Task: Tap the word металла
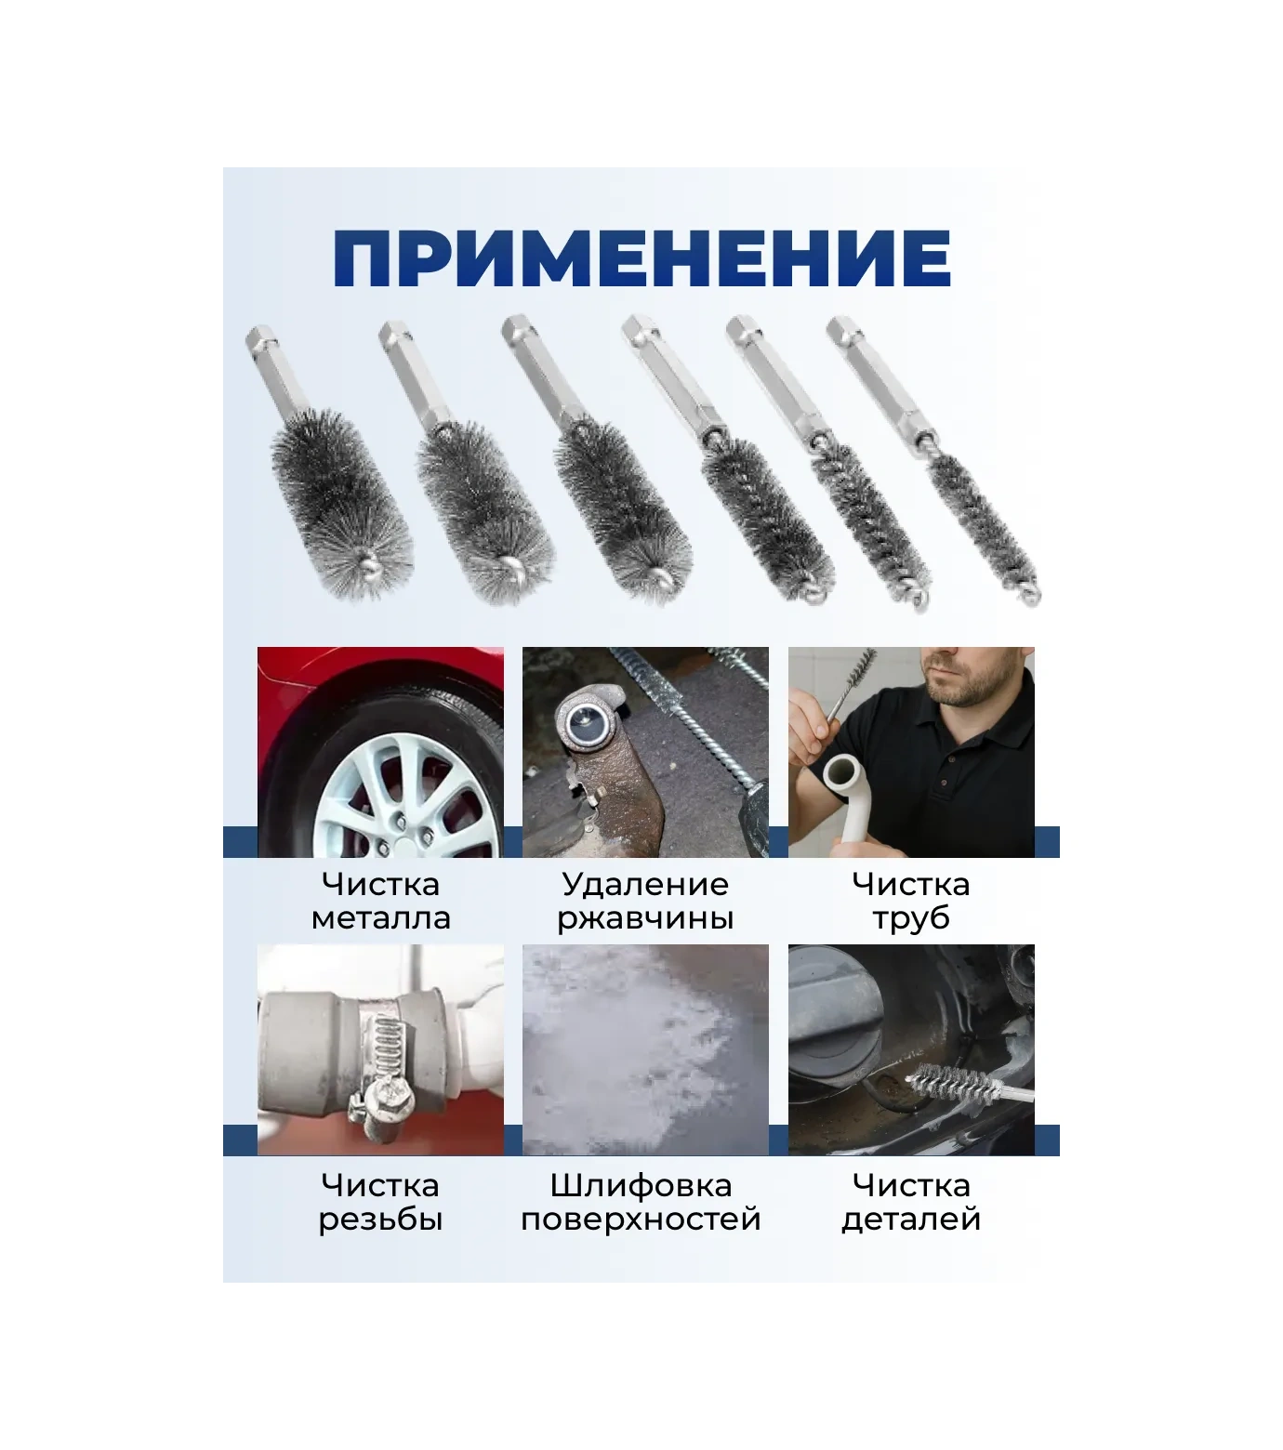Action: pyautogui.click(x=380, y=918)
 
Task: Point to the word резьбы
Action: pyautogui.click(x=380, y=1219)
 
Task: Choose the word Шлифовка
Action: pyautogui.click(x=641, y=1186)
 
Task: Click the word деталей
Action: pyautogui.click(x=911, y=1219)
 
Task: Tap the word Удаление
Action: pyautogui.click(x=645, y=884)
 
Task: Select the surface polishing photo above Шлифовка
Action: pyautogui.click(x=645, y=1050)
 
